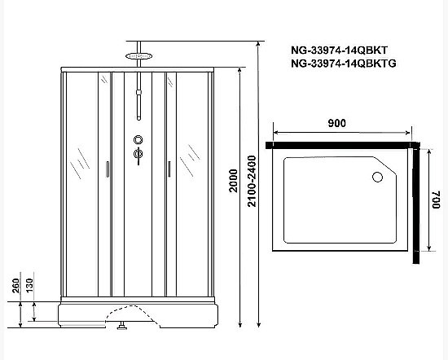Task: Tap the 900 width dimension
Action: pyautogui.click(x=337, y=123)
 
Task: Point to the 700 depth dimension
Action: pyautogui.click(x=436, y=198)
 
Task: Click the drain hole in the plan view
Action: pyautogui.click(x=377, y=175)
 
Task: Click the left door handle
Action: pyautogui.click(x=107, y=169)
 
